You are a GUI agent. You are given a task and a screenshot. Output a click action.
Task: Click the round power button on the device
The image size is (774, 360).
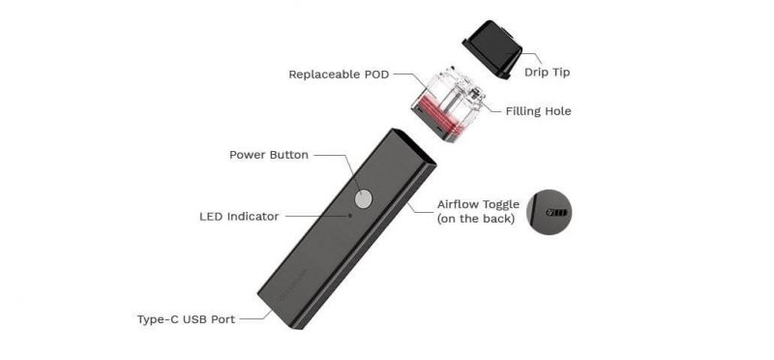click(363, 198)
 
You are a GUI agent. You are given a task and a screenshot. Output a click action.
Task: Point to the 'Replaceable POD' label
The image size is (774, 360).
click(337, 74)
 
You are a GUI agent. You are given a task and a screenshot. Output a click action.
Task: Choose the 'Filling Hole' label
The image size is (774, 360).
click(538, 111)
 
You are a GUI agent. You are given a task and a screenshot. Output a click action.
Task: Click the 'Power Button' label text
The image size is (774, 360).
click(268, 155)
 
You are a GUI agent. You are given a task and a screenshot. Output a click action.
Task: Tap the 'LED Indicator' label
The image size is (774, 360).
click(239, 217)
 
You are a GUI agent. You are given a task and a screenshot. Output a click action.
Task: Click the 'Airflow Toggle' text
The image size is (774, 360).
click(478, 204)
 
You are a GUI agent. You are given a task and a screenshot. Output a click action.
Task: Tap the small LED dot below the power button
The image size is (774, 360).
click(351, 216)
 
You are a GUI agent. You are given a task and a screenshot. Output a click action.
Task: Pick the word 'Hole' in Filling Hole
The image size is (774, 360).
click(555, 111)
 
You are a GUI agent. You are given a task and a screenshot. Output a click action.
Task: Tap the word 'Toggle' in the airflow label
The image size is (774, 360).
click(502, 204)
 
